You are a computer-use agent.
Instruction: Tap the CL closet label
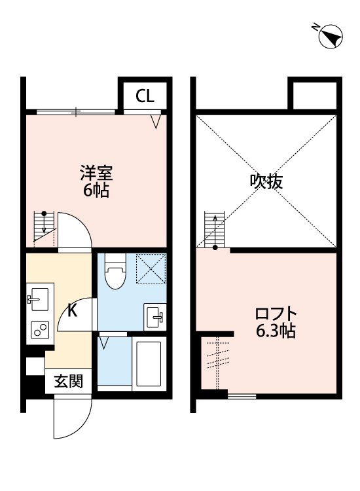click(145, 97)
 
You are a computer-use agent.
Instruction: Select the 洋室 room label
click(96, 173)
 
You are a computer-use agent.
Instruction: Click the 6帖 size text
click(96, 191)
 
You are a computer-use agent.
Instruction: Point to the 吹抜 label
click(267, 181)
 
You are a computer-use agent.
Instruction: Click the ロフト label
click(276, 314)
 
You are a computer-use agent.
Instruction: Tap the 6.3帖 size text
click(276, 331)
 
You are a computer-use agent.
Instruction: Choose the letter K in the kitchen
click(73, 310)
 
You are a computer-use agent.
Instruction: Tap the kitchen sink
click(37, 300)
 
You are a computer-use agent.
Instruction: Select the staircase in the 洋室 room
click(44, 228)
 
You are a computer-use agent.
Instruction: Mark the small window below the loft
click(242, 396)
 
